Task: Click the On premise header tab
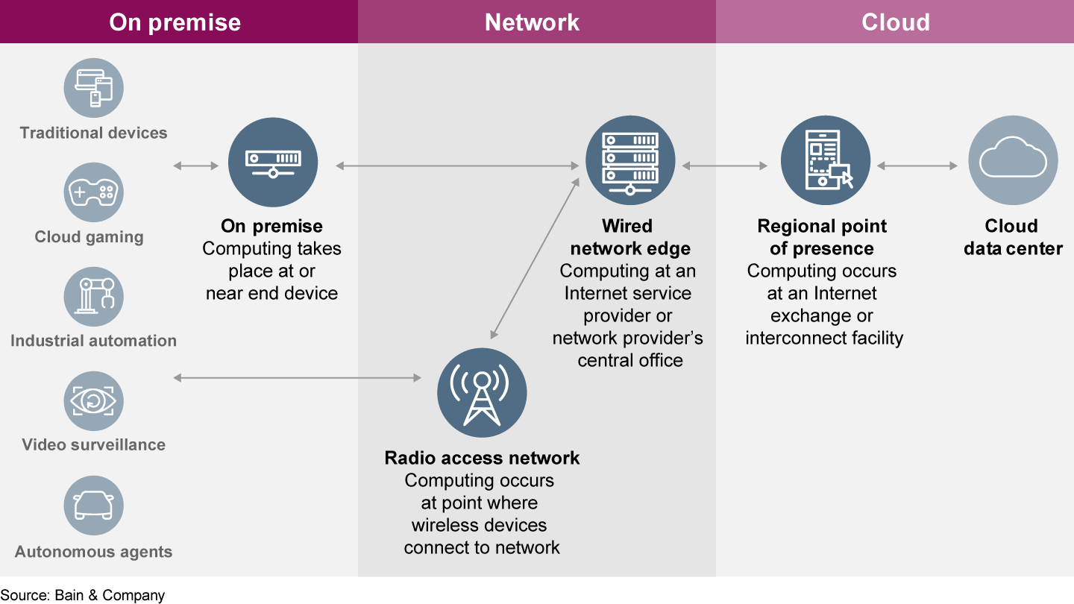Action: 175,22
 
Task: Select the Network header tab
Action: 532,22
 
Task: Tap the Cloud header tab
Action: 895,22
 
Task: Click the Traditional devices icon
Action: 93,88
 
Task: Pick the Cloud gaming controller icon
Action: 93,192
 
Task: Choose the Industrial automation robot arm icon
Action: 93,297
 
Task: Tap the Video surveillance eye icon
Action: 93,401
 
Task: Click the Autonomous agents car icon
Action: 93,506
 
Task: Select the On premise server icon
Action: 273,163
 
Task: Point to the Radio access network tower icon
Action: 482,393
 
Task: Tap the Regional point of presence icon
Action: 826,160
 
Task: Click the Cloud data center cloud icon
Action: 1013,160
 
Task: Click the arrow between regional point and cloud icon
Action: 917,166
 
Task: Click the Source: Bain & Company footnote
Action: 83,595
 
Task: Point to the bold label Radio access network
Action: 482,458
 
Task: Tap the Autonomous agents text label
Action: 93,552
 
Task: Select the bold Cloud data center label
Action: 1012,237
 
